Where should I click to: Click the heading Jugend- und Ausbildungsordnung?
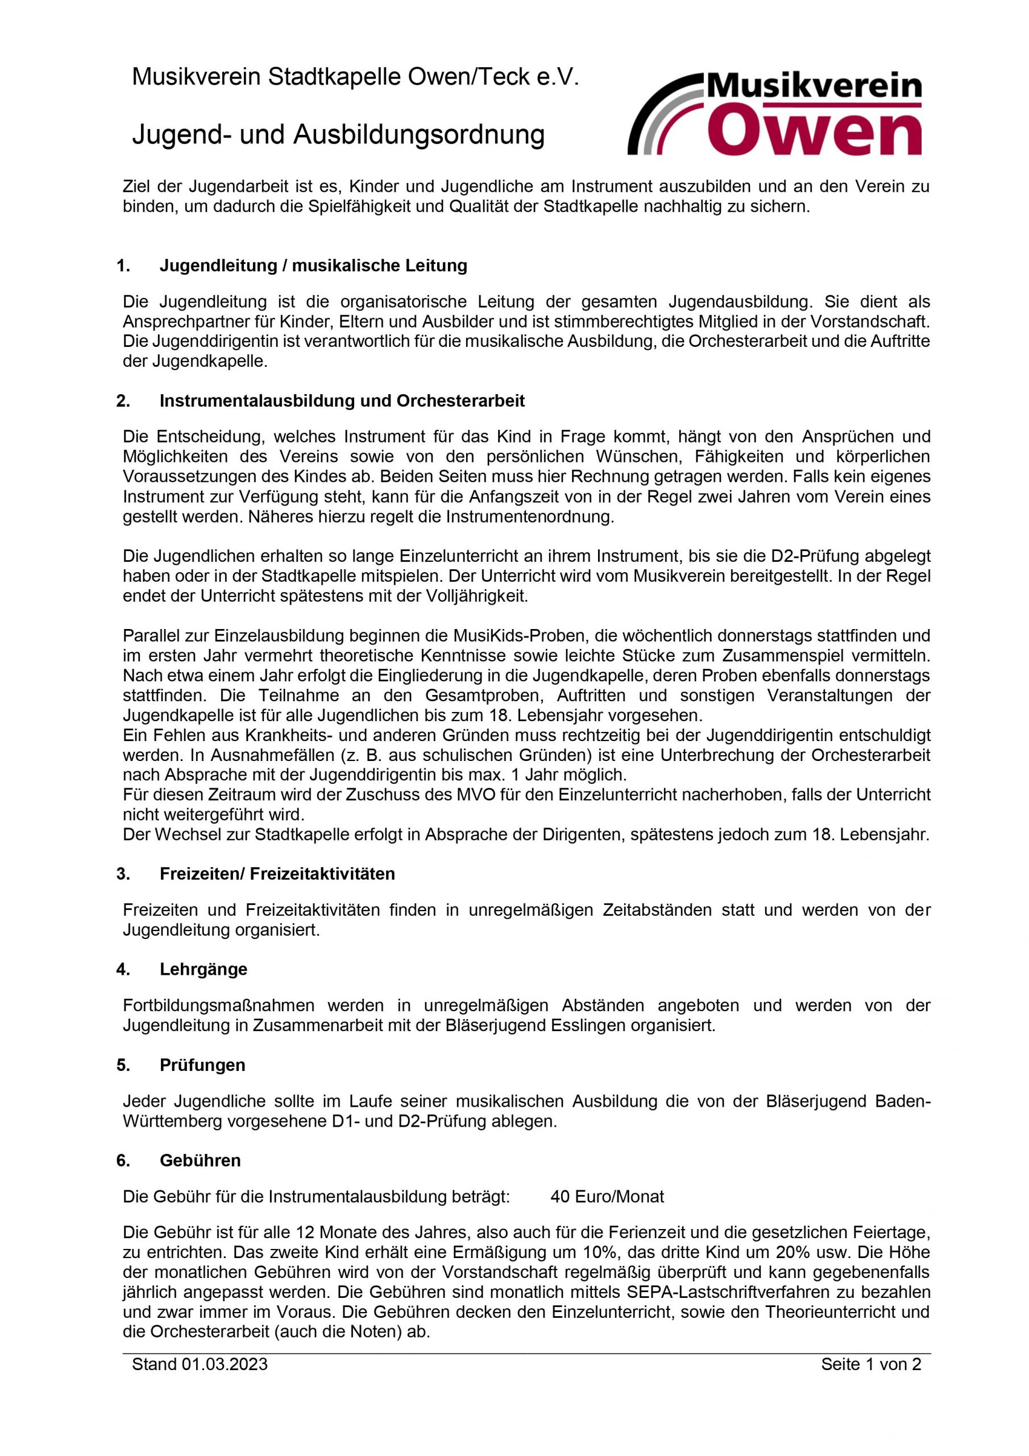tap(338, 134)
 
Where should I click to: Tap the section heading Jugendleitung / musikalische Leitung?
tap(313, 265)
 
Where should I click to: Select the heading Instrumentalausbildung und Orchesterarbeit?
tap(342, 401)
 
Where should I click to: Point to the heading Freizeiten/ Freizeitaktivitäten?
tap(277, 874)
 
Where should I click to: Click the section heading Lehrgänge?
tap(204, 969)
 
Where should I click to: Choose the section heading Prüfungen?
tap(202, 1065)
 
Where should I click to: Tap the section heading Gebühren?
tap(200, 1160)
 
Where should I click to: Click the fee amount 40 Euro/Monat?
tap(607, 1197)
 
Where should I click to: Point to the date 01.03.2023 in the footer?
tap(225, 1364)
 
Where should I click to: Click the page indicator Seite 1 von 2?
tap(870, 1364)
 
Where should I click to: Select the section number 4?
tap(123, 969)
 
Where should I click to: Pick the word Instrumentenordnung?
tap(529, 517)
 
